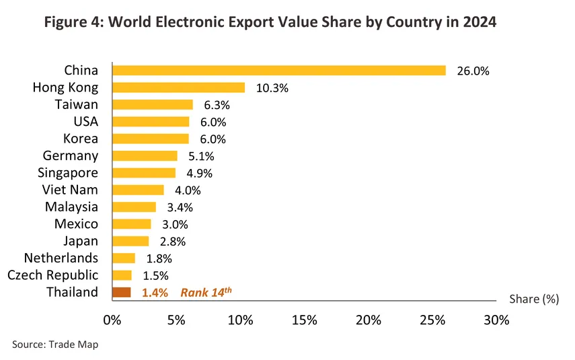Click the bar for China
(279, 71)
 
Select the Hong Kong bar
(179, 87)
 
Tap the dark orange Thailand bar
(122, 292)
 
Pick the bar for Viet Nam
(138, 190)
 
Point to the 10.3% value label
(272, 88)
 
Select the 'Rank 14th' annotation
(206, 292)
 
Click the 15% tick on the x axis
(305, 320)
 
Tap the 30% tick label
(496, 320)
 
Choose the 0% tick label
(112, 320)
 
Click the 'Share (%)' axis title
(533, 299)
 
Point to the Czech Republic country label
(52, 275)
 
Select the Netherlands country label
(61, 258)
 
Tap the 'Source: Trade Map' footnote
(55, 345)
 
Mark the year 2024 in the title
(479, 22)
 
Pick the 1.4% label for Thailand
(155, 292)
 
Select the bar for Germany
(145, 156)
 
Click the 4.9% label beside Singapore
(200, 173)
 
